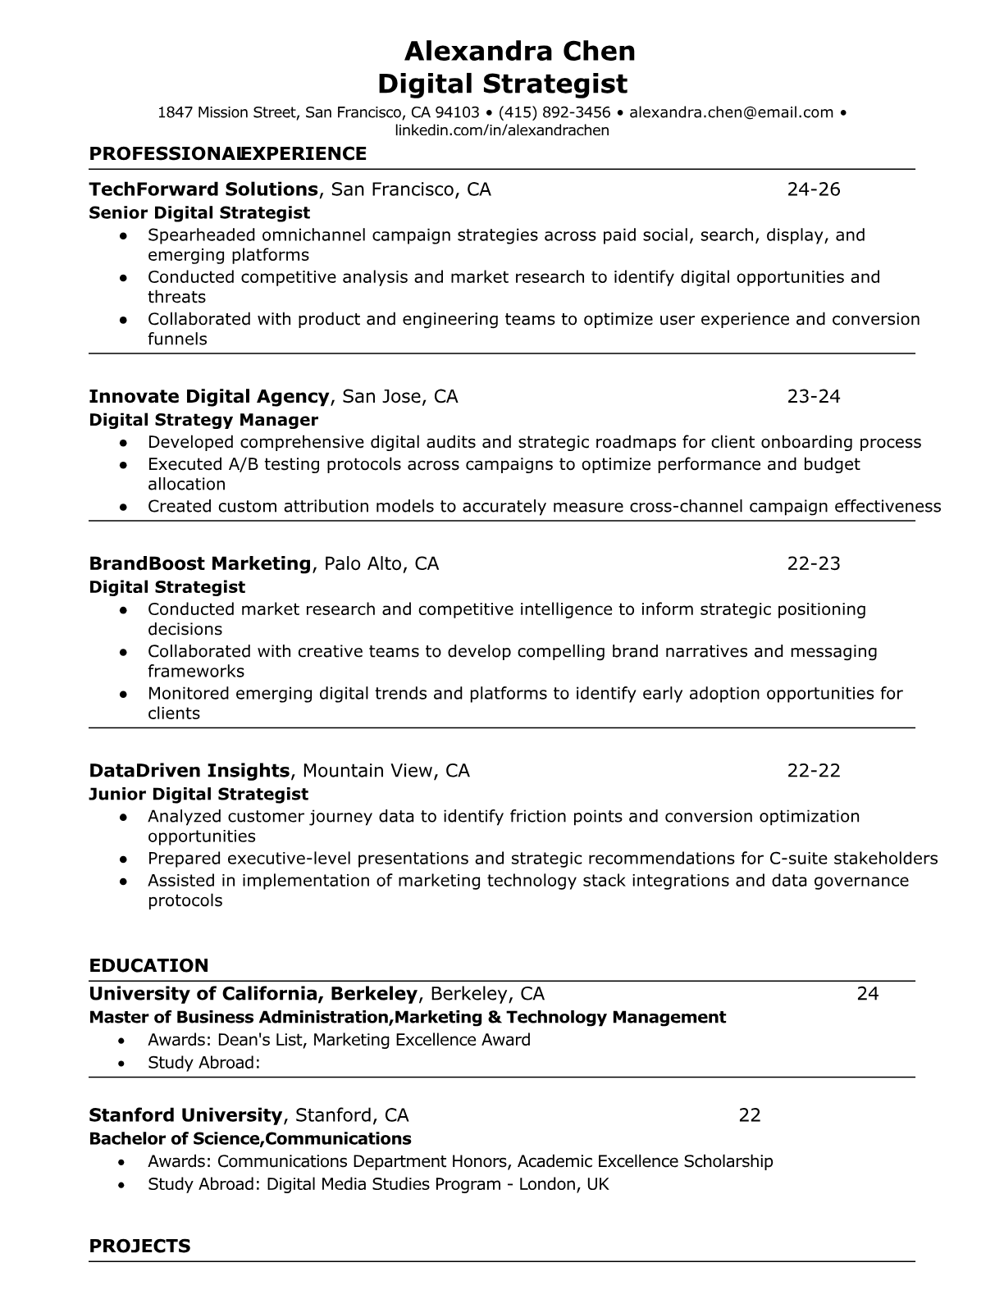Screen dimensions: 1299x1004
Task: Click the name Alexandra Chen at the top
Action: (x=519, y=52)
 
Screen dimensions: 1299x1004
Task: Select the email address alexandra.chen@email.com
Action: (x=731, y=113)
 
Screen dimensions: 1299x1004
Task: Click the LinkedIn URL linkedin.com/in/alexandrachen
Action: (x=502, y=130)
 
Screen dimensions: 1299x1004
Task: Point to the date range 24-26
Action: (x=814, y=190)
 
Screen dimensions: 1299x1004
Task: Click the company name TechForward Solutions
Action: (x=203, y=190)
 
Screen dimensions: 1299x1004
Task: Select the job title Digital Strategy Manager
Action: (x=203, y=421)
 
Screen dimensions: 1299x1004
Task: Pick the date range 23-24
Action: (x=814, y=397)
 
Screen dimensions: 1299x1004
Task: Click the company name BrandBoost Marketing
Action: (x=199, y=564)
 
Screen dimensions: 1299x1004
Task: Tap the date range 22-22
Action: (x=814, y=771)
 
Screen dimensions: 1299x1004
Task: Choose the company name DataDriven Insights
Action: (x=189, y=771)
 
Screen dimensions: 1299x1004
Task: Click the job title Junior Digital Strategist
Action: (x=198, y=795)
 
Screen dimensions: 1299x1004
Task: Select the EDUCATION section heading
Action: (x=148, y=965)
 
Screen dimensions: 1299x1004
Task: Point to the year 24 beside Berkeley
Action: (x=867, y=995)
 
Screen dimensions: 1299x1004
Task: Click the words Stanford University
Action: (x=185, y=1116)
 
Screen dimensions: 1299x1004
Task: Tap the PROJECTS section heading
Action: (x=139, y=1247)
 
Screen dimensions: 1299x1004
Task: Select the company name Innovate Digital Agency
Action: (x=208, y=397)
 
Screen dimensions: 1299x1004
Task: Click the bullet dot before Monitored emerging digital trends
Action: (x=123, y=694)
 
